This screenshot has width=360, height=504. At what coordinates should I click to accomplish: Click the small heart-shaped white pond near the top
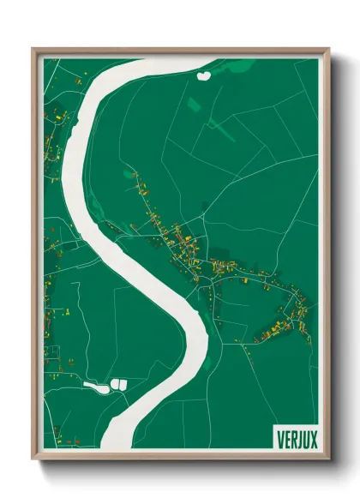click(204, 75)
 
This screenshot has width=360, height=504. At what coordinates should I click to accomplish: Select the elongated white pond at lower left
click(94, 387)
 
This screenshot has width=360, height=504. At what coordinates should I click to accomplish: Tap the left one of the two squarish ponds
click(113, 383)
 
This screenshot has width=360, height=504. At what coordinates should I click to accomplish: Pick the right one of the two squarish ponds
click(123, 383)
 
